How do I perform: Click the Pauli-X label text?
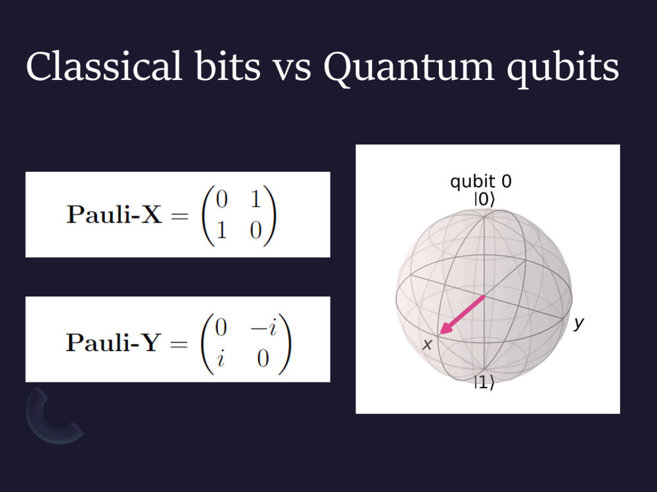pos(113,216)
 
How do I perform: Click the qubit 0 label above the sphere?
pos(480,182)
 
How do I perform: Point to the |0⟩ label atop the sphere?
pos(483,199)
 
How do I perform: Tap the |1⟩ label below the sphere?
pos(484,384)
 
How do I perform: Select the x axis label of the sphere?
pos(426,344)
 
